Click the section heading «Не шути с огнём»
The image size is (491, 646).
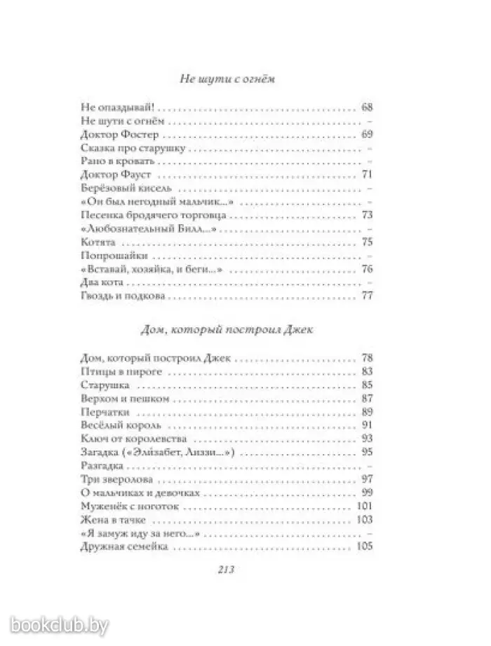pos(225,79)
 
